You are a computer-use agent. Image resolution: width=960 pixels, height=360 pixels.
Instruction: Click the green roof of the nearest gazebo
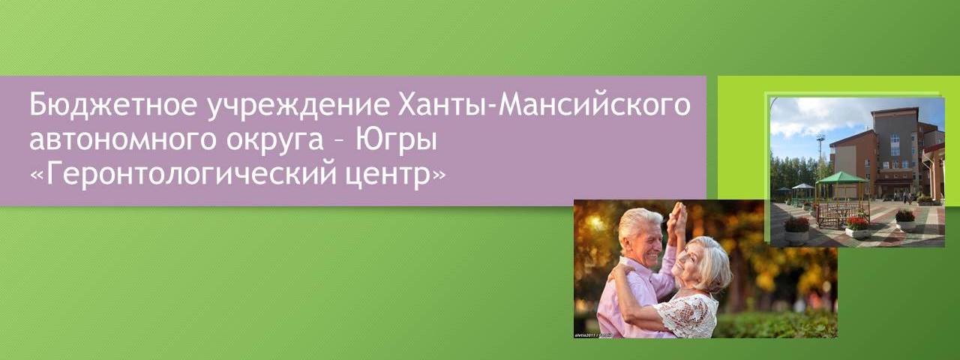click(x=841, y=178)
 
